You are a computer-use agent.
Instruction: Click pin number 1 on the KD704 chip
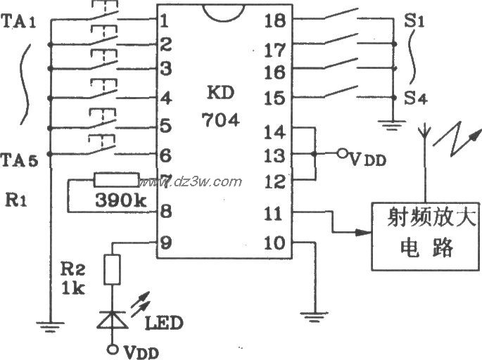[164, 20]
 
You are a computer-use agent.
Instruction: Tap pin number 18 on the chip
[275, 20]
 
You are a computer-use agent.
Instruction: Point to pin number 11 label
[274, 213]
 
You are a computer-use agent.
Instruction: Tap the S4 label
[415, 98]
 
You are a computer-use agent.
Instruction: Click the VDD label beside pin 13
[367, 160]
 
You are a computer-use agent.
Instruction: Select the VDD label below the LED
[143, 349]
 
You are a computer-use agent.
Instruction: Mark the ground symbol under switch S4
[388, 127]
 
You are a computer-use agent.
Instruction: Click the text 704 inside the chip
[220, 120]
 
